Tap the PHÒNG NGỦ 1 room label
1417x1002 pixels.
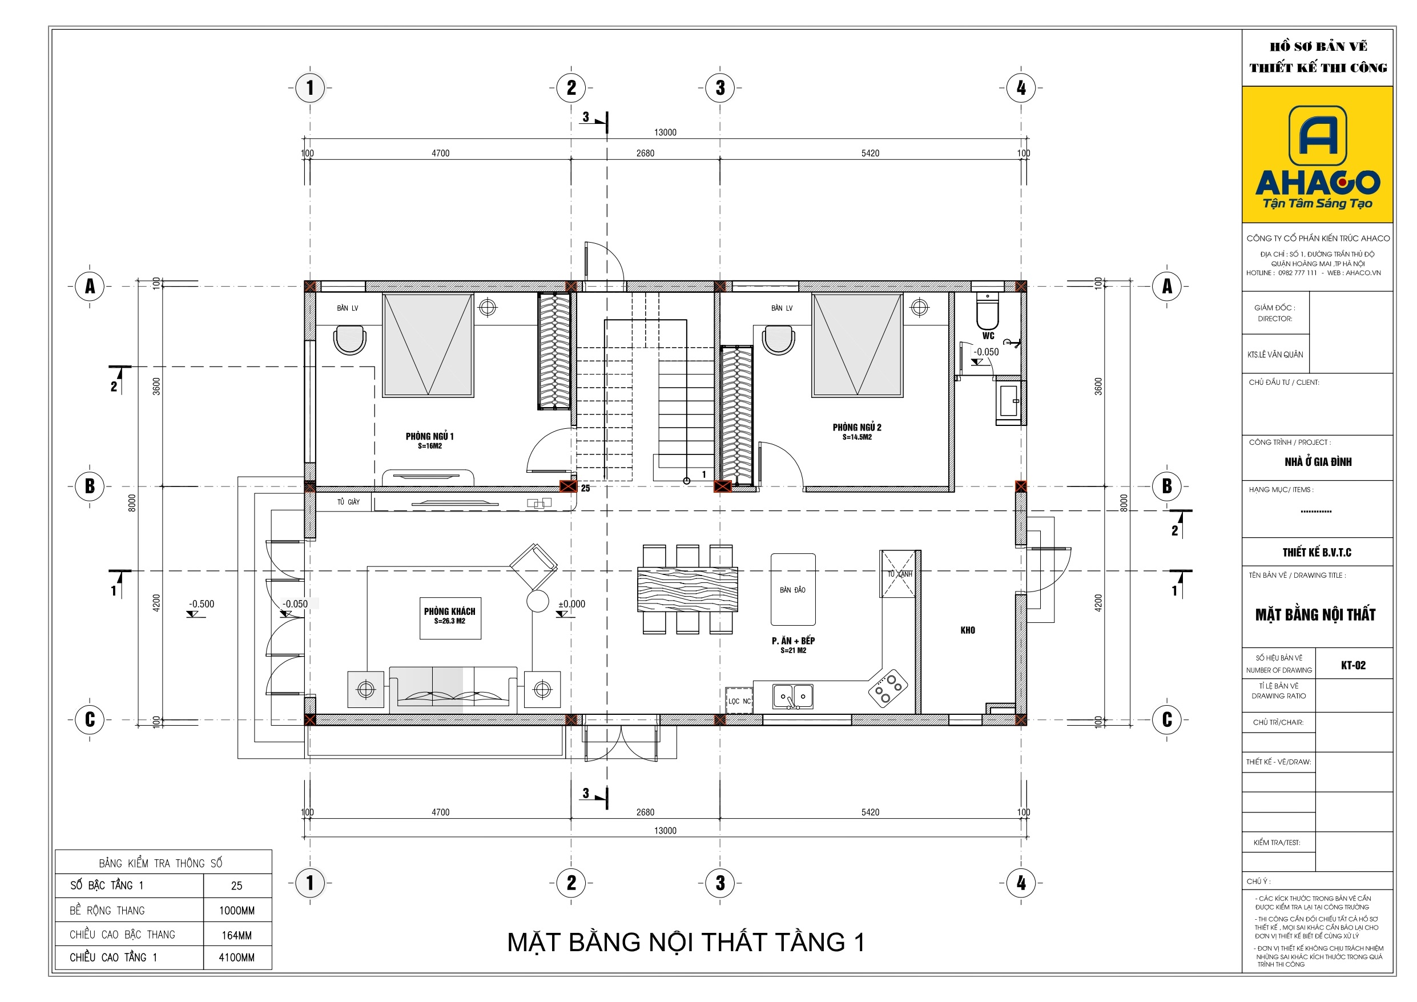point(429,440)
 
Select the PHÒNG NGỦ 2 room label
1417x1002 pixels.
point(856,432)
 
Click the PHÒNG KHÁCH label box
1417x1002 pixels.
point(450,618)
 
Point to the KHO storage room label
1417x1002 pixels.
point(968,630)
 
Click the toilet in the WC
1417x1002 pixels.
point(988,312)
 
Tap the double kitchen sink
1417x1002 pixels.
point(793,697)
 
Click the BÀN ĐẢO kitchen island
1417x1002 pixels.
point(793,590)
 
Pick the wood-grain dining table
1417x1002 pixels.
point(687,590)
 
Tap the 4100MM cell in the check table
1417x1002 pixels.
point(237,957)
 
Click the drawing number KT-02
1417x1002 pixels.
point(1353,666)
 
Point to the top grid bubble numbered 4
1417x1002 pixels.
point(1021,88)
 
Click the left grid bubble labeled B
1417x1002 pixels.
point(90,486)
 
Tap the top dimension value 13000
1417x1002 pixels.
point(665,132)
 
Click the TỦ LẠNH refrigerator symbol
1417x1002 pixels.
point(898,574)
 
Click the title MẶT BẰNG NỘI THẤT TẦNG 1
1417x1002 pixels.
point(686,943)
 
